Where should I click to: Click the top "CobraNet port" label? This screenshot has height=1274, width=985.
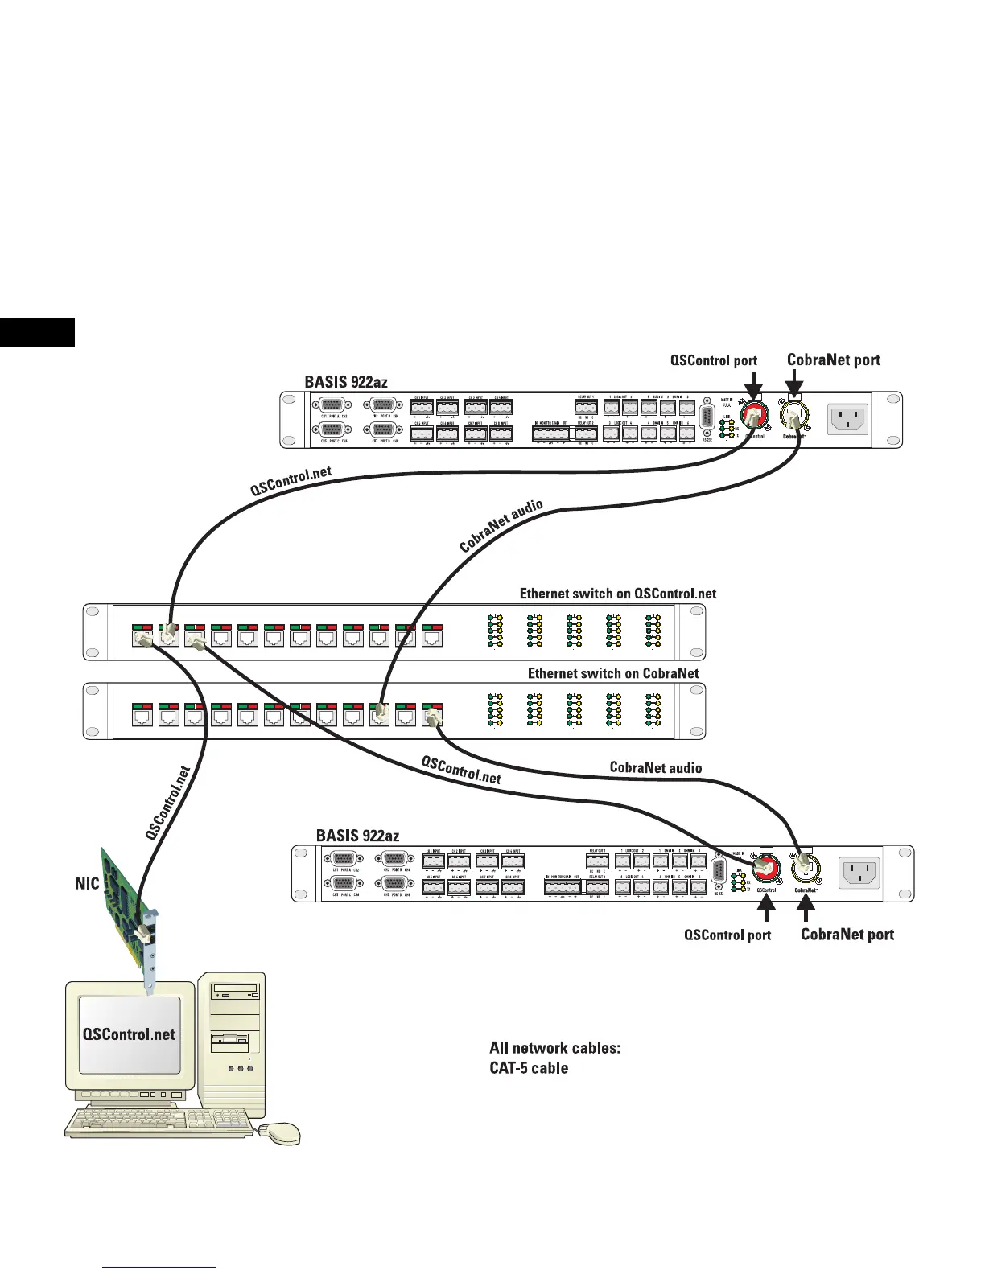point(833,360)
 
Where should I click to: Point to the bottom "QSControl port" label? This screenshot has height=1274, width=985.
point(727,935)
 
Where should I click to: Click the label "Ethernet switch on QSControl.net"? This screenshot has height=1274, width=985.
point(617,594)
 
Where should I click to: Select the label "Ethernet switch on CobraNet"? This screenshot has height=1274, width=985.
point(613,673)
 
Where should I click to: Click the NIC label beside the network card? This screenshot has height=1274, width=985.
point(87,884)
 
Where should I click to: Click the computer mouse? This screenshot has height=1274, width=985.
point(278,1132)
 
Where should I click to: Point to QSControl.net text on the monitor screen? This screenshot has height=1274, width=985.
point(129,1034)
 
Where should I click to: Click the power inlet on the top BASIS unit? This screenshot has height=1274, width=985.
point(847,418)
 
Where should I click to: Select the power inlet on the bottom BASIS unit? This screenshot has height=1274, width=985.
point(859,872)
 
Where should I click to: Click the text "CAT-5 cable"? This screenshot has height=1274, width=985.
point(529,1068)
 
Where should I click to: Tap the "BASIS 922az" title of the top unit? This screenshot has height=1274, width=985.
point(346,382)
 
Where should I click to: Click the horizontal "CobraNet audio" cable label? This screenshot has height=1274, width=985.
point(656,767)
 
